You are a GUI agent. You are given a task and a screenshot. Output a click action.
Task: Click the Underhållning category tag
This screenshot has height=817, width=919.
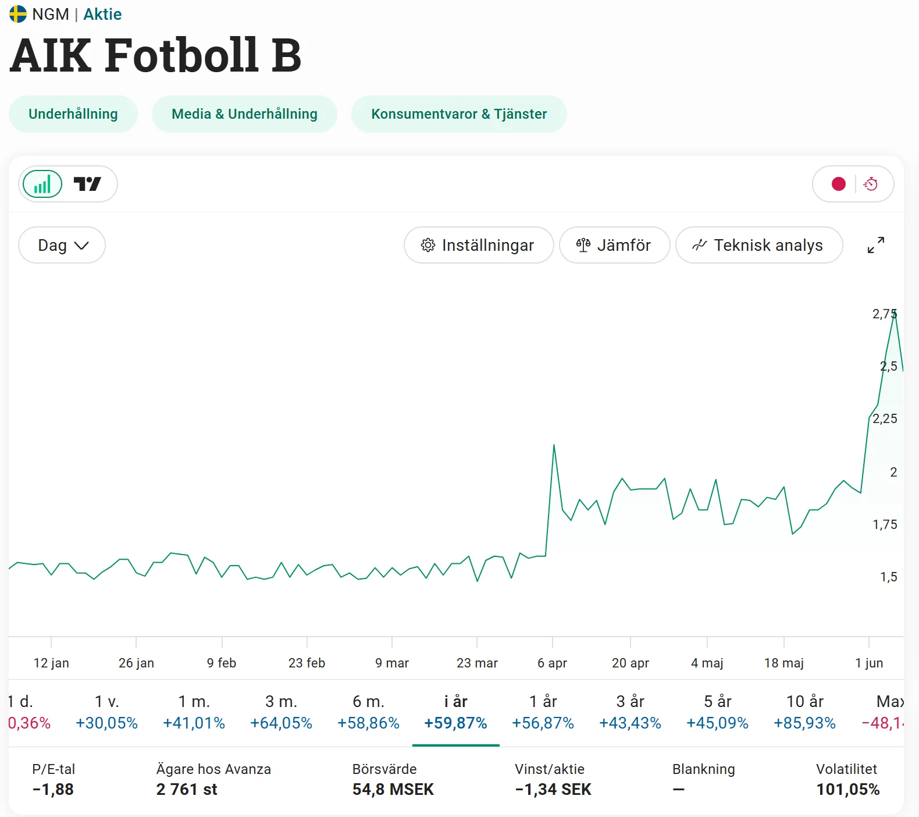(x=73, y=114)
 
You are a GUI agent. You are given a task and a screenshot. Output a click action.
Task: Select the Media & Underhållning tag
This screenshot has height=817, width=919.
(x=244, y=114)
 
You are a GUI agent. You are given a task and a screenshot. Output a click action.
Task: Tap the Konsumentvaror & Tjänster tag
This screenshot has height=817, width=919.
(x=459, y=114)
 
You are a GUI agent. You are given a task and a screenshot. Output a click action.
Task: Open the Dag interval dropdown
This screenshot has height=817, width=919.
(x=62, y=245)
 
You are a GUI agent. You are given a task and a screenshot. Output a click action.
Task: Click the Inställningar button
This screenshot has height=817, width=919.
(x=478, y=245)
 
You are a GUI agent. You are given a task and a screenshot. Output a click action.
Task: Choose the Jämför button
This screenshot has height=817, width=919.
(x=614, y=245)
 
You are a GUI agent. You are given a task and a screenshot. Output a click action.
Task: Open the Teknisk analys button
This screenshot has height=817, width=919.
(x=758, y=245)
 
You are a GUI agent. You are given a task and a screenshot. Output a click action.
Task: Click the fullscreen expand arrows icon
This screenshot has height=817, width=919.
(x=876, y=245)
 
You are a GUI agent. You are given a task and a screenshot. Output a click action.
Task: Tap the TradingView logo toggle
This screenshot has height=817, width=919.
(x=87, y=184)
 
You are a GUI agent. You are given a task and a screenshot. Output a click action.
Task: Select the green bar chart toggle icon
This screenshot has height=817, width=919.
(x=42, y=184)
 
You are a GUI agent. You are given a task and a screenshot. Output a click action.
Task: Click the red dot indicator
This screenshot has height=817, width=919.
(x=839, y=184)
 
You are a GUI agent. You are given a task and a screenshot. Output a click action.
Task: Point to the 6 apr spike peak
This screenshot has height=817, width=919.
(x=554, y=445)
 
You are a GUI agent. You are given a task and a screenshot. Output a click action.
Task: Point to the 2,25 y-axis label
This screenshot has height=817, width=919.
(x=885, y=418)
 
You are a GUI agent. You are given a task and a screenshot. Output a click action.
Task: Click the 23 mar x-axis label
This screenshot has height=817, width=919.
(x=477, y=663)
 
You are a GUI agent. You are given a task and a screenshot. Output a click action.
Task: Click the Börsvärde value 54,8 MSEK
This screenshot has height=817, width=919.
(x=393, y=790)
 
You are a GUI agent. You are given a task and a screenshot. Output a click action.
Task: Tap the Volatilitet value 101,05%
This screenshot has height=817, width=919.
(x=848, y=790)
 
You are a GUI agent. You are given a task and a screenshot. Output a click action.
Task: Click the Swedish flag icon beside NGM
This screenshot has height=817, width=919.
(x=18, y=14)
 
